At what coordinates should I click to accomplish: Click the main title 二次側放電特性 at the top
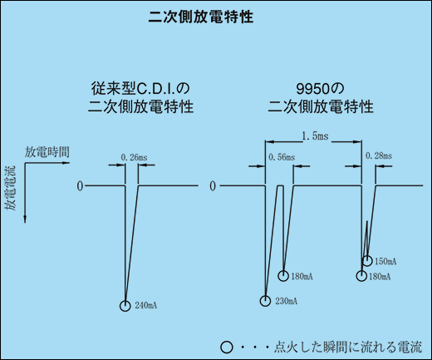201,17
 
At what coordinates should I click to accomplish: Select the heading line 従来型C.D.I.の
140,89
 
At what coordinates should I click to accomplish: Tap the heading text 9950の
320,89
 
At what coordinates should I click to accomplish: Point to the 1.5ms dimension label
315,136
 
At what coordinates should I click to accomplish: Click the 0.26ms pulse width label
134,158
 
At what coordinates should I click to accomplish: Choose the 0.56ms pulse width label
282,157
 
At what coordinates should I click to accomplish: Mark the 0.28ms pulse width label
379,155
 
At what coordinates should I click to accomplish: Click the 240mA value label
146,305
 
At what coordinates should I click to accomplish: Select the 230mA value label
287,301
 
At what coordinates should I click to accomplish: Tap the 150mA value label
385,261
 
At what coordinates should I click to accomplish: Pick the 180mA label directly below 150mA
380,276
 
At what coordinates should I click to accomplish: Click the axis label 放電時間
47,152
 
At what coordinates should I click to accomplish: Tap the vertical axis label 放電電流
11,189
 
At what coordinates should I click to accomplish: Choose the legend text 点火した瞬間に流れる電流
348,348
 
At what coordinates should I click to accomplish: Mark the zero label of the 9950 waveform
213,186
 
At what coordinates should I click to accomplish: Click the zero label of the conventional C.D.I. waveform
80,186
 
